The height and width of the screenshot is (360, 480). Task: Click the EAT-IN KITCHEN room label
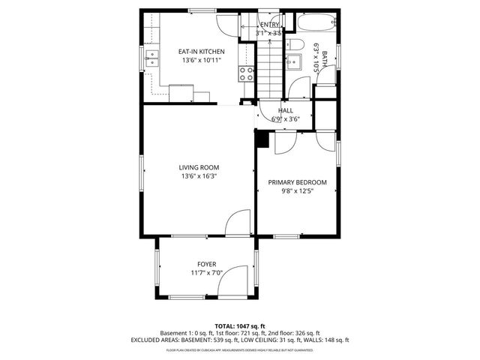(x=201, y=51)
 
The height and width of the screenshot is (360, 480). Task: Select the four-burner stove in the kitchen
(x=245, y=73)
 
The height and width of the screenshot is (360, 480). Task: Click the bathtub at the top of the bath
(x=315, y=23)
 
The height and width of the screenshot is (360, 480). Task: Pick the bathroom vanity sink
(x=295, y=45)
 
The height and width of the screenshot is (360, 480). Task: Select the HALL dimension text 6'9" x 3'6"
(x=285, y=118)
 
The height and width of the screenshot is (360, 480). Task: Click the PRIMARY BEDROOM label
(x=298, y=182)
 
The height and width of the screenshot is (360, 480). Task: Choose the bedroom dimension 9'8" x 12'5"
(x=298, y=191)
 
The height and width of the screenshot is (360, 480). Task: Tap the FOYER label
(x=207, y=264)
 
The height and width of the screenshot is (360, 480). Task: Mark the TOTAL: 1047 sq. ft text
(x=240, y=326)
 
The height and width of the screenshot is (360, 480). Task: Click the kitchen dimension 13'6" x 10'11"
(x=201, y=60)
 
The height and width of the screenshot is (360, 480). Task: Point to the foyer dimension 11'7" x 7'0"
(x=207, y=273)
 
